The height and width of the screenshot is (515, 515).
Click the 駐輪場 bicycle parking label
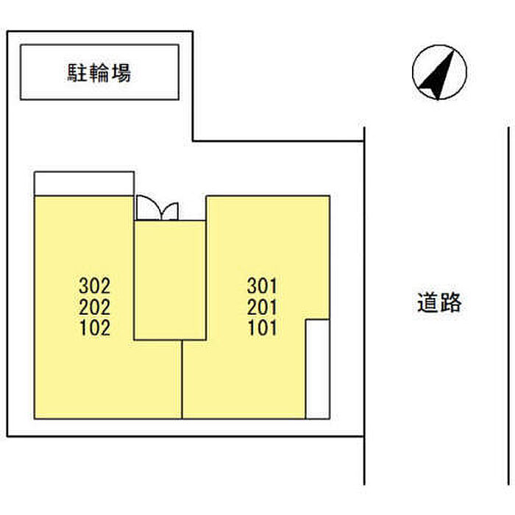tap(99, 73)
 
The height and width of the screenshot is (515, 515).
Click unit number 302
tap(95, 284)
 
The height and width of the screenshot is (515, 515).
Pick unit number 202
tap(95, 306)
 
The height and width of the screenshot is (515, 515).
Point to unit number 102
tap(95, 328)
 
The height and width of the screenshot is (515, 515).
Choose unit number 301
tap(263, 284)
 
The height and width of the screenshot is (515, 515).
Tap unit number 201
tap(263, 306)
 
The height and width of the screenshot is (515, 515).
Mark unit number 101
tap(263, 328)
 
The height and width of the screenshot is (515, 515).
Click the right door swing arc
tap(168, 210)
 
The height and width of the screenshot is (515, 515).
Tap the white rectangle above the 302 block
tap(84, 183)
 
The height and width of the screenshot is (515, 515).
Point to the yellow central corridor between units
tap(169, 280)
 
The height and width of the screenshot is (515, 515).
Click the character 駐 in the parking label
tap(77, 73)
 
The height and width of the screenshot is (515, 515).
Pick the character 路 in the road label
tap(450, 302)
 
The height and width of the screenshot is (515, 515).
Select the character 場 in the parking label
tap(121, 73)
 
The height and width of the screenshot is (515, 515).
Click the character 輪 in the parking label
tap(99, 73)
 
